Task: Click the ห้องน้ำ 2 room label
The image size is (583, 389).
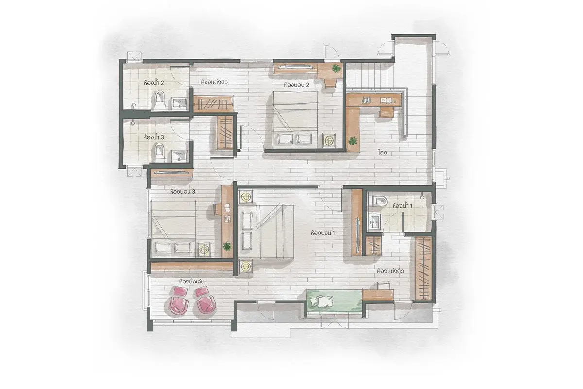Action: point(154,83)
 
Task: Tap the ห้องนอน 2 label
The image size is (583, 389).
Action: point(296,85)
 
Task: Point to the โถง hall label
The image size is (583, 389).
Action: point(383,152)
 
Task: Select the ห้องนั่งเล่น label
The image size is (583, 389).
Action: point(191,282)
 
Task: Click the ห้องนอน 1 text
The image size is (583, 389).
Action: point(323,233)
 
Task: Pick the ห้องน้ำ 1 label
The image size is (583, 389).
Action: point(402,206)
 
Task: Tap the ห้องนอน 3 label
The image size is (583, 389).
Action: point(183,192)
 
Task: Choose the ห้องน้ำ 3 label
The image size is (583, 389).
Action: point(154,137)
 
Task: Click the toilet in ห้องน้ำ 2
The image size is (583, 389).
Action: point(159,100)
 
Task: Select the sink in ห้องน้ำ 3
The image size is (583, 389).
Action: point(179,156)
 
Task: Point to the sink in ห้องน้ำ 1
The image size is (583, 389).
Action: point(375,222)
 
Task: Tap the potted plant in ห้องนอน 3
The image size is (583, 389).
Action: point(227,246)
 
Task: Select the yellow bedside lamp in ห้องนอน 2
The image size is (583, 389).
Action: point(329,141)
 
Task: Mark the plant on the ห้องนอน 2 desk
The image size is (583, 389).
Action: point(336,68)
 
